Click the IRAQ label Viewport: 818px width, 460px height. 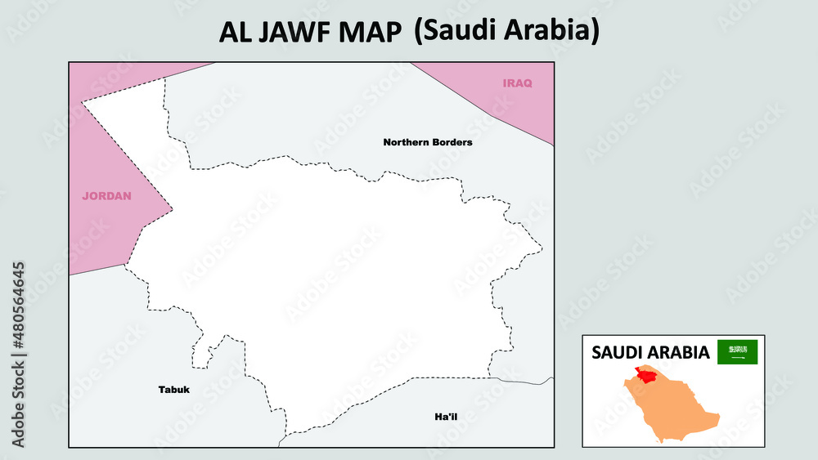[x=517, y=83]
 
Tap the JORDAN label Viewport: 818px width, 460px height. [x=106, y=196]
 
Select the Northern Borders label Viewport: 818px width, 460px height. [x=428, y=142]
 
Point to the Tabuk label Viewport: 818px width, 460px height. [x=173, y=390]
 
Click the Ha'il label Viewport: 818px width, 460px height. [x=446, y=418]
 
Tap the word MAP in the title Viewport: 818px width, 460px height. [x=371, y=32]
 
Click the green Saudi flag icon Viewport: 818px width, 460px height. [x=737, y=352]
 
